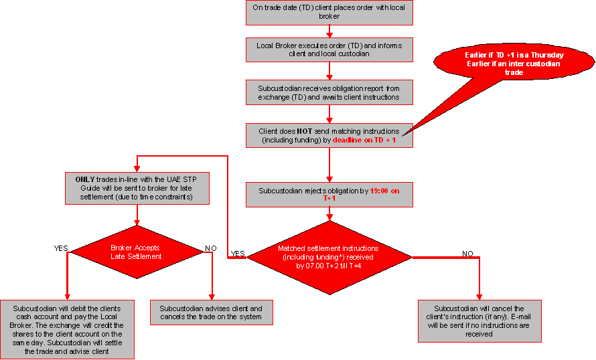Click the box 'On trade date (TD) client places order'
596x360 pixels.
click(x=329, y=12)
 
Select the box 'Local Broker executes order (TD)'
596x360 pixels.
click(x=329, y=50)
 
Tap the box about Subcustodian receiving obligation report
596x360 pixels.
click(x=329, y=92)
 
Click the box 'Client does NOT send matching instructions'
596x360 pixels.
click(x=329, y=135)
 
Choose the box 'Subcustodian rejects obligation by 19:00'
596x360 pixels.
click(x=329, y=195)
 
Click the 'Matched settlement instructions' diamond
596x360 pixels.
click(x=329, y=256)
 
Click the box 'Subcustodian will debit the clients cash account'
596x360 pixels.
click(x=68, y=329)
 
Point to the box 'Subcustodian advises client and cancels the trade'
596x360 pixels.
click(x=211, y=312)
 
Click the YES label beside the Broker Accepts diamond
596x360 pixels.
click(x=61, y=248)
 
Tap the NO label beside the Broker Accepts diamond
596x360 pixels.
click(x=211, y=248)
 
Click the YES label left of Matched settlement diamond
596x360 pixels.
click(x=238, y=254)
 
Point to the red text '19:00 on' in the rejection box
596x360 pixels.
click(x=385, y=191)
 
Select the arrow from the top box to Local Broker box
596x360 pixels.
click(x=329, y=30)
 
